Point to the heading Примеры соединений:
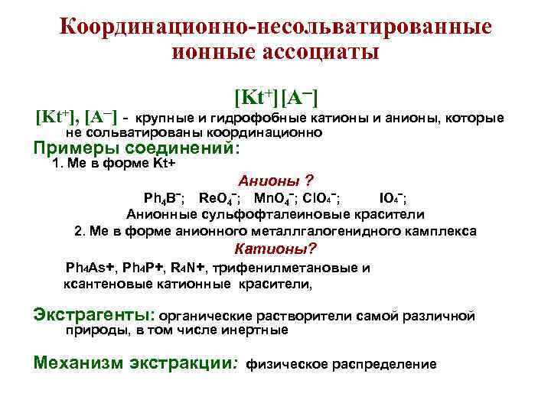(x=137, y=148)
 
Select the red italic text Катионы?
(x=275, y=249)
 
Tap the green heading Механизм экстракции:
(x=137, y=363)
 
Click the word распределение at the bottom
(x=384, y=364)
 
